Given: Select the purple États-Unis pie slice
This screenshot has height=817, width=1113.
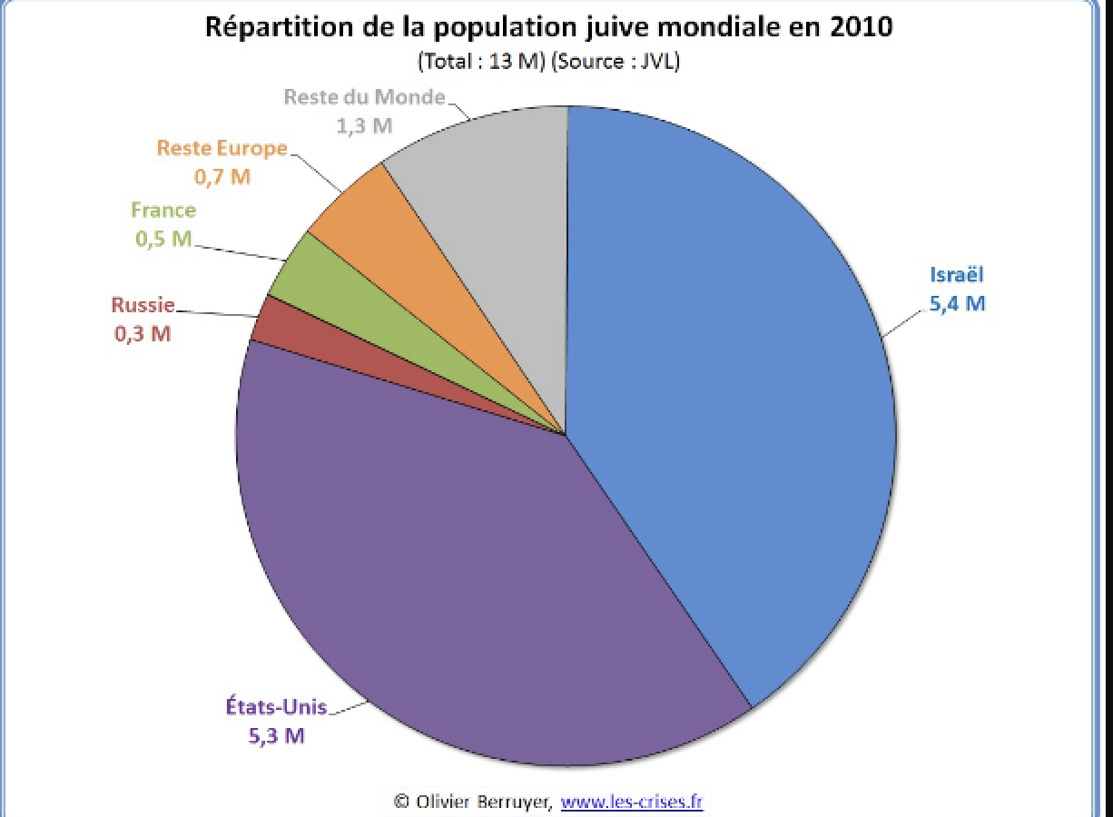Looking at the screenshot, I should (436, 581).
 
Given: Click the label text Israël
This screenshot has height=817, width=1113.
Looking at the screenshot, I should (956, 275).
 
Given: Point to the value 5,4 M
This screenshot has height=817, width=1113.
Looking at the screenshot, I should (956, 303).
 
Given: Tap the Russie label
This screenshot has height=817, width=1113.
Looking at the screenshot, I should (143, 305).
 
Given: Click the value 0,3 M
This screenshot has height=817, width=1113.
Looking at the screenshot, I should (143, 333).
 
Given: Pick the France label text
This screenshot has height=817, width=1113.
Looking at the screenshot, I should (163, 211).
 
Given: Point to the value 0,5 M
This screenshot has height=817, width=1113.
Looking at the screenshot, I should (163, 239).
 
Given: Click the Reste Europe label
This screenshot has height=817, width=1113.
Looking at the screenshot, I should (222, 148).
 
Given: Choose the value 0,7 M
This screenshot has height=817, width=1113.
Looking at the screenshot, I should (222, 176).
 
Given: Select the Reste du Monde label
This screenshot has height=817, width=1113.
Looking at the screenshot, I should (364, 97).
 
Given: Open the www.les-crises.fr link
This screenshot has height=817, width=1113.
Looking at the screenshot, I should (632, 802).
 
